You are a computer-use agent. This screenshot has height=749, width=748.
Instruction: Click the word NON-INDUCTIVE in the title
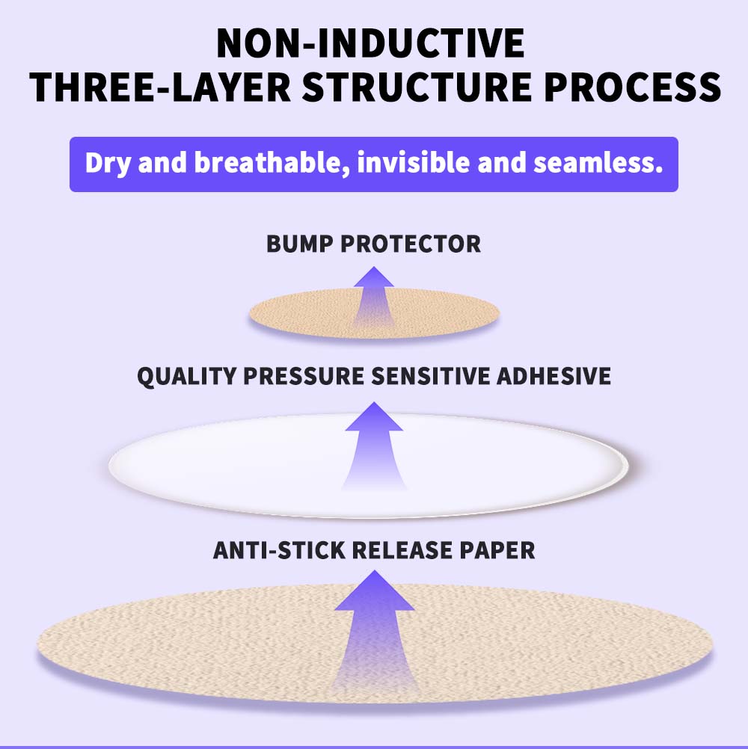point(370,43)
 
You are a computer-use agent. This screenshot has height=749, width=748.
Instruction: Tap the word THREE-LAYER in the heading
point(159,87)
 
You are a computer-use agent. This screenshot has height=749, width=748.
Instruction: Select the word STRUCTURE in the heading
point(417,87)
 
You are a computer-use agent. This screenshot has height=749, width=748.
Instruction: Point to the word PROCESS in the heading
point(632,87)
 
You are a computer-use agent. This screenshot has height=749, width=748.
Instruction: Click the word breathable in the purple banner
point(272,164)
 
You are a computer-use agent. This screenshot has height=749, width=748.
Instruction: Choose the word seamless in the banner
point(598,163)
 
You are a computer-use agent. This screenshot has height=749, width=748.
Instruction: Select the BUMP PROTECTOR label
point(373,244)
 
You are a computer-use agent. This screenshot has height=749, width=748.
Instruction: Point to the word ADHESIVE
point(554,376)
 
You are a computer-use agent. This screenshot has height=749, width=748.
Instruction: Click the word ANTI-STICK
point(279,550)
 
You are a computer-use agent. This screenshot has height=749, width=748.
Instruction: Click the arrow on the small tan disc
point(374,296)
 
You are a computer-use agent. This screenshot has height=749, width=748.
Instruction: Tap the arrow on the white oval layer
point(374,446)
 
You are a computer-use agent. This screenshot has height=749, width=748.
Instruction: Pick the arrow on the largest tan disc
point(374,631)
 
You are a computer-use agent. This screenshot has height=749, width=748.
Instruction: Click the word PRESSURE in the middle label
point(304,376)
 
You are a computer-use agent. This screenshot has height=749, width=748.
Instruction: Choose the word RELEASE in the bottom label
point(402,550)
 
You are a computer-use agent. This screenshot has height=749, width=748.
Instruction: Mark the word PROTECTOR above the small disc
point(411,244)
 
